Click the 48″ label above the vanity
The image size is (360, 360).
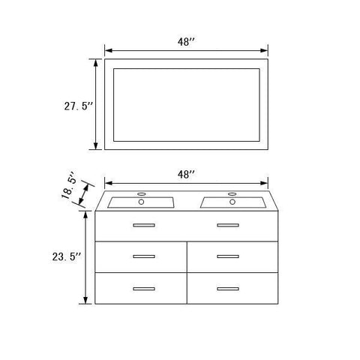pos(186,173)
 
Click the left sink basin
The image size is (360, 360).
pos(142,202)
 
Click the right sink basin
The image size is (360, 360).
pos(232,202)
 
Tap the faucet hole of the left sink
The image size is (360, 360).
pos(142,201)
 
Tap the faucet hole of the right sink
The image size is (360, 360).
pos(232,201)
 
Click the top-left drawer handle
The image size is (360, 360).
pos(143,225)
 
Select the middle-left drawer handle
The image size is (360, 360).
pos(143,256)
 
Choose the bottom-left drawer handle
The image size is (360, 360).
pos(143,288)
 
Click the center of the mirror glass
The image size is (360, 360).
pos(186,105)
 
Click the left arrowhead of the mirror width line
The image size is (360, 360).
pos(106,51)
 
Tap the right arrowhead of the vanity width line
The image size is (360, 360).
pos(265,182)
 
